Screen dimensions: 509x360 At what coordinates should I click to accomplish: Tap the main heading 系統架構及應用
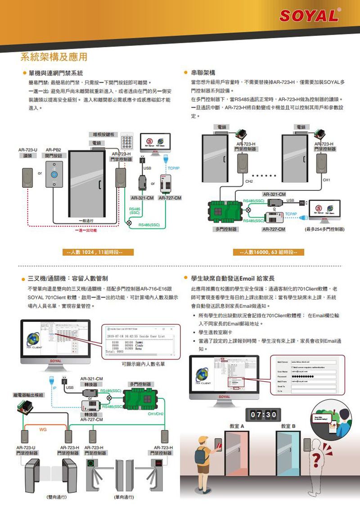pyautogui.click(x=54, y=57)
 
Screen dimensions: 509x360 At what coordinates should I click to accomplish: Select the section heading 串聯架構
pyautogui.click(x=203, y=72)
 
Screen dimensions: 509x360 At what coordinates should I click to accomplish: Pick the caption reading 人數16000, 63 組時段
pyautogui.click(x=268, y=251)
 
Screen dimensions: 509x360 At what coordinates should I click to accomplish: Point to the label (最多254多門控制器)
pyautogui.click(x=324, y=230)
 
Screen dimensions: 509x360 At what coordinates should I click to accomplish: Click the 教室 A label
pyautogui.click(x=236, y=425)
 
